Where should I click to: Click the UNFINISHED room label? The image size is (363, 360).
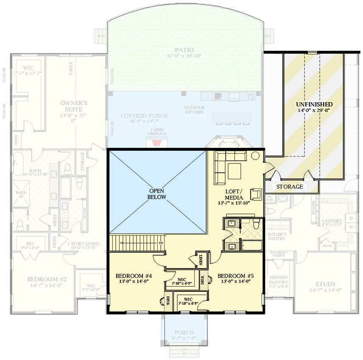[314, 104]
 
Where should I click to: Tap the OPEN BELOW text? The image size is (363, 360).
[157, 194]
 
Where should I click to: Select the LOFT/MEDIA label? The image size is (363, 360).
[234, 194]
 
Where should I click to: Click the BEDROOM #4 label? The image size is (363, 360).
[134, 276]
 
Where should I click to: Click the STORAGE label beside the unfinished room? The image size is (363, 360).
[290, 186]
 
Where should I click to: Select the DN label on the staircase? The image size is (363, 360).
[162, 243]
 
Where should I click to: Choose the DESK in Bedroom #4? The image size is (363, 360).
[168, 301]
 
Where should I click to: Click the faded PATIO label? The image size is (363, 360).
[184, 50]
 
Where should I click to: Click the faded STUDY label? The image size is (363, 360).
[326, 284]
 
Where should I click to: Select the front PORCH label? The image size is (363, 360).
[184, 332]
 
